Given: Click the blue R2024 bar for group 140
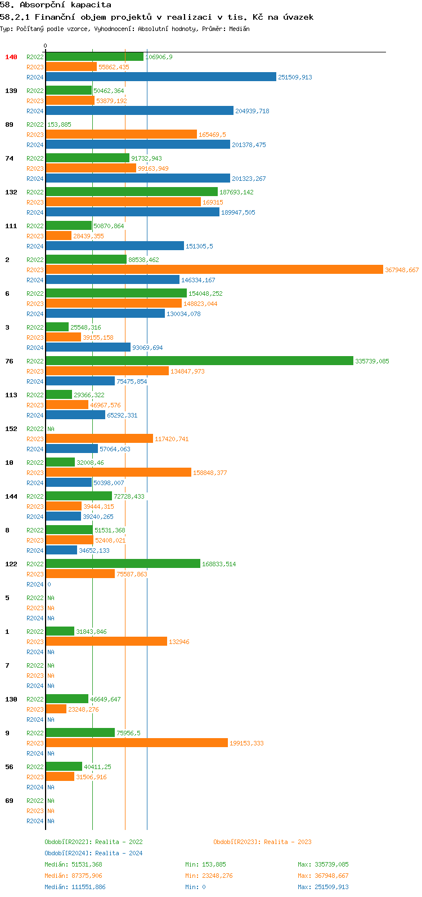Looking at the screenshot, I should (161, 77).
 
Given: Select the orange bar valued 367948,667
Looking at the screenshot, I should (214, 270).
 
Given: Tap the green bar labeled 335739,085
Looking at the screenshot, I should (199, 361).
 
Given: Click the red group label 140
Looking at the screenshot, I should (11, 57).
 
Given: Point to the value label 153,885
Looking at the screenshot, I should (60, 125).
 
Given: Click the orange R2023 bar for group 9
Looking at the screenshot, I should (137, 743).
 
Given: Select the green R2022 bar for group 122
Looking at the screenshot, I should (123, 564).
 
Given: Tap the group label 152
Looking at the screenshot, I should (11, 429).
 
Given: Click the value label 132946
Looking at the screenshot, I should (179, 642).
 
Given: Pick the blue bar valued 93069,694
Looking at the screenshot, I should (88, 348).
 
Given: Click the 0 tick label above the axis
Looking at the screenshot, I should (46, 46).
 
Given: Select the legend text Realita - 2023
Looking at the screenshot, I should (288, 842).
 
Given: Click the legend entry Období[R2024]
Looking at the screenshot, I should (69, 853).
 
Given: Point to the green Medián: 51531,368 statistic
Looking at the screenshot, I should (73, 864).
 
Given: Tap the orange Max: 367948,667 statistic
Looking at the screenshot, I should (323, 876).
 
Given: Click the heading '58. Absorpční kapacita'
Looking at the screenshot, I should (56, 5).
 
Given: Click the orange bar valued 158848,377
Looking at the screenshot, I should (118, 473).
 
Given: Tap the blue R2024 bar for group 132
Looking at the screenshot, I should (132, 212).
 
